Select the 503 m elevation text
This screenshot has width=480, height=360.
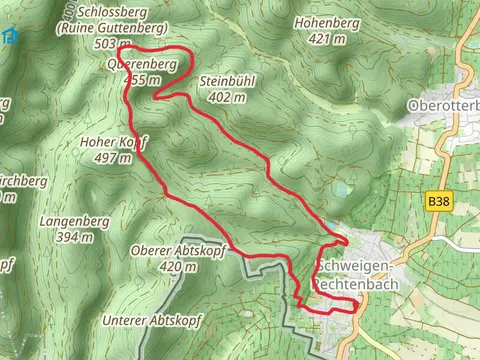coord(109,44)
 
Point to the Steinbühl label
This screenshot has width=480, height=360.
coord(229,80)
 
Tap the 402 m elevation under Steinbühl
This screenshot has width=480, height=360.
coord(227,97)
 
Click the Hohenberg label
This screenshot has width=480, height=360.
coord(325,22)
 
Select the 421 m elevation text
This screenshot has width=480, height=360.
coord(327,39)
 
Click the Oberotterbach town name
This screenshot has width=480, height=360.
coord(444,105)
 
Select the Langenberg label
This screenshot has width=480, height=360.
coord(76,220)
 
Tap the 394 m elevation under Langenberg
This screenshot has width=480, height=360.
coord(75,237)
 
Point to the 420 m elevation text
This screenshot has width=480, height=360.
coord(178,267)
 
